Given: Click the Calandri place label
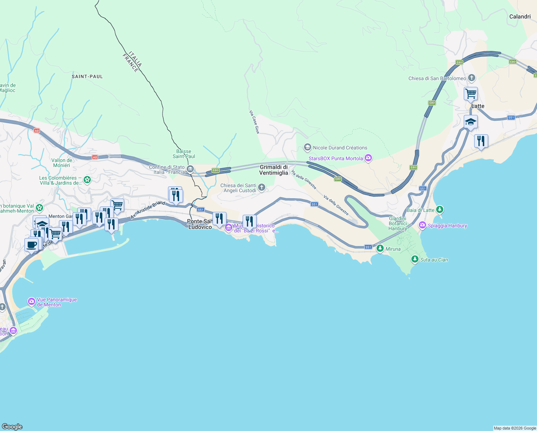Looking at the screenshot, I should pos(520,17).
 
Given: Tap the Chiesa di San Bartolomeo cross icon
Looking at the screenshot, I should pos(472,78).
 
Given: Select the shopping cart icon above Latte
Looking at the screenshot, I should pos(471,94).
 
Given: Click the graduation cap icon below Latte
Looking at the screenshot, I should pos(471,122).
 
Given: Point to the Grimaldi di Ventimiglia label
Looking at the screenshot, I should pos(274,170).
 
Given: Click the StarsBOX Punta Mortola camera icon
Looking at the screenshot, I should pos(368,158).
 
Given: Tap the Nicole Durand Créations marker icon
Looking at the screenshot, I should pos(307,147).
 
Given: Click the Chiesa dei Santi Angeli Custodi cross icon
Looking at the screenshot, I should pos(262,187).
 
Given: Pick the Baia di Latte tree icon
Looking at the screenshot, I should pos(440,210).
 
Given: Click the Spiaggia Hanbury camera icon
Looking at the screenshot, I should pos(422,226).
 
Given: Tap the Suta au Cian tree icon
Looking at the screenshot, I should pos(415,259).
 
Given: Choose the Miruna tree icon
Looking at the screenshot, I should pos(380,249).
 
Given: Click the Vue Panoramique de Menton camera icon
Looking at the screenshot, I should pos(32,301).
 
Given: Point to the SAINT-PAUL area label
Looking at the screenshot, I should pos(87,77).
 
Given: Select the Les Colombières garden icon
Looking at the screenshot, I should pos(87,180).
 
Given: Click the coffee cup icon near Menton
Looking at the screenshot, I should pos(32,245).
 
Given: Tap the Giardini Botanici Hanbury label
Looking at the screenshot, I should pos(398,223).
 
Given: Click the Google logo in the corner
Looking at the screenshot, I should pos(12,426).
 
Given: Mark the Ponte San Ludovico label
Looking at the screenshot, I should pos(200,224).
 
